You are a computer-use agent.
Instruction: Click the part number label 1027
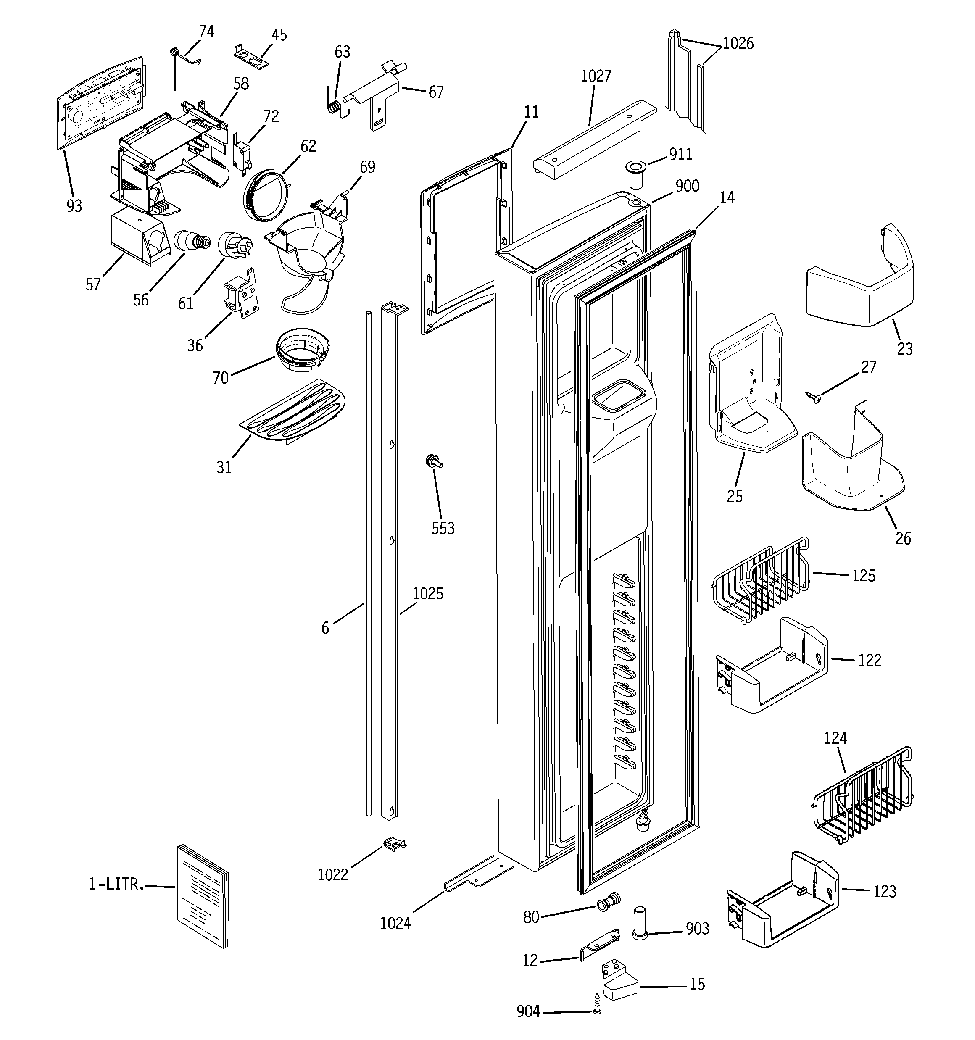point(596,76)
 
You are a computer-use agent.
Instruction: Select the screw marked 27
point(814,398)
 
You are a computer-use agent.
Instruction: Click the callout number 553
point(443,528)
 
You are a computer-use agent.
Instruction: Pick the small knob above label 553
point(434,461)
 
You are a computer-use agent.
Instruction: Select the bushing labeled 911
point(636,175)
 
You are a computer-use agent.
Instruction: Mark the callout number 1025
point(427,594)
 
